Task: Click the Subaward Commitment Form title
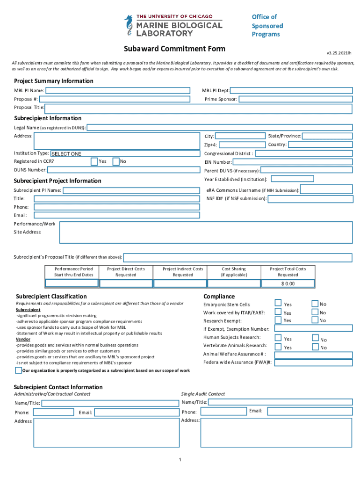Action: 174,49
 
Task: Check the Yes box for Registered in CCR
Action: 94,161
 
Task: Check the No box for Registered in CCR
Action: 117,161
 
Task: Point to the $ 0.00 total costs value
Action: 288,283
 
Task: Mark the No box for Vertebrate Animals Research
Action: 315,347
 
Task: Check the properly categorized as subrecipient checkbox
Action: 18,370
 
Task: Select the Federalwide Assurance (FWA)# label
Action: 238,362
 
